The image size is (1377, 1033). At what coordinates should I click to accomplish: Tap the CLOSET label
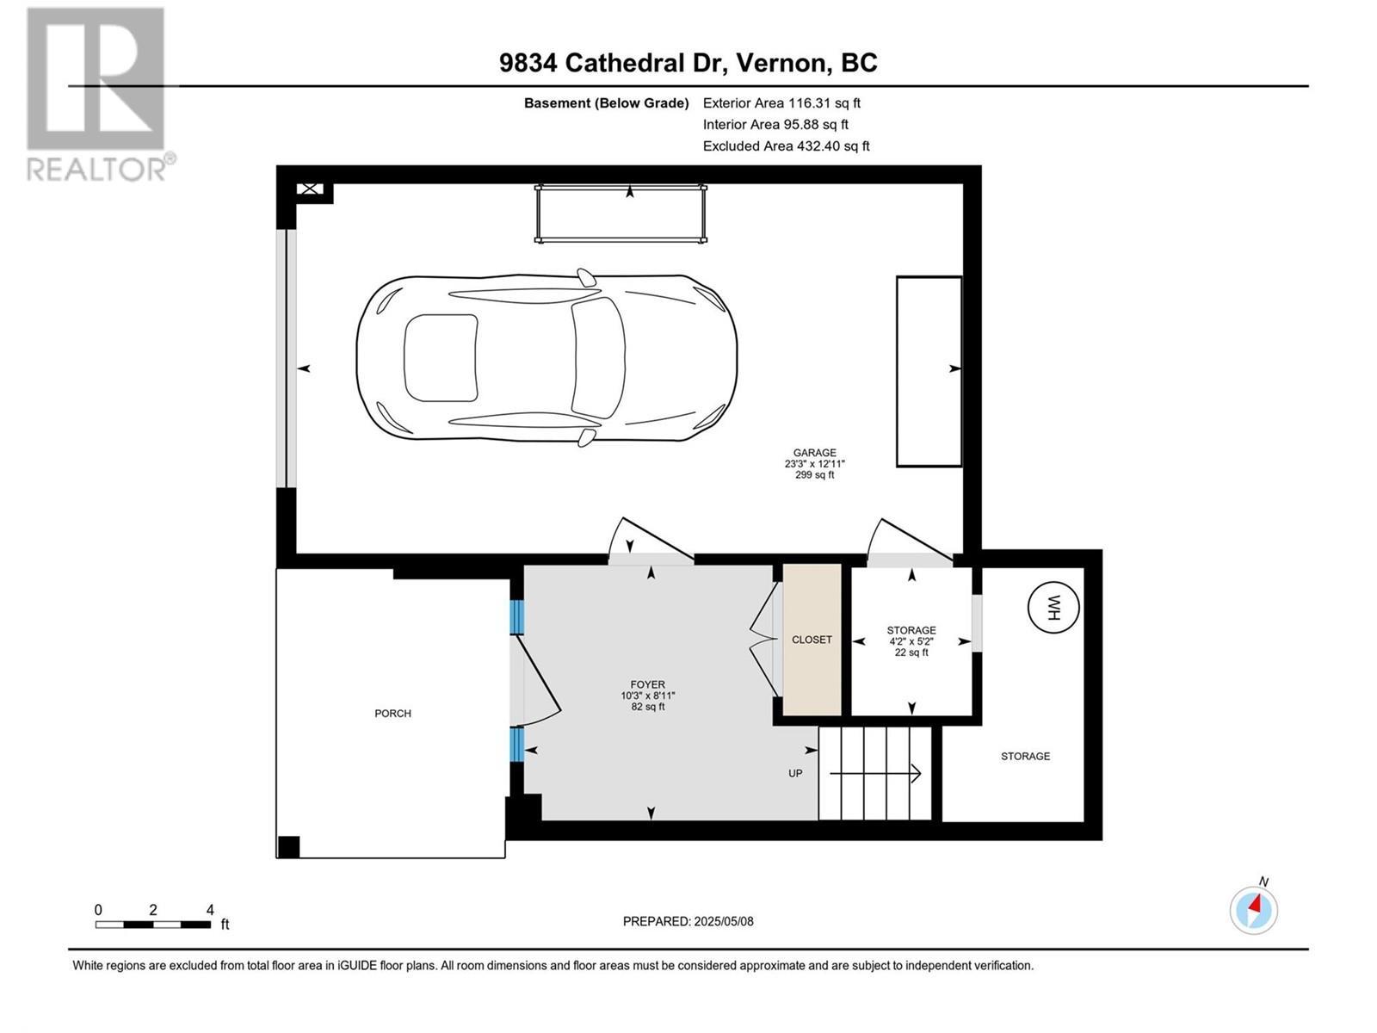812,640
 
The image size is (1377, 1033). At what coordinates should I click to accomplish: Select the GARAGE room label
814,453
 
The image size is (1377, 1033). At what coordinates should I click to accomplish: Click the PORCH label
392,714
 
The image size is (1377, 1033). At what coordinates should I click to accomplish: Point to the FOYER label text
648,685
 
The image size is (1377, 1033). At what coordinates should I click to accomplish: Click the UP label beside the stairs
795,773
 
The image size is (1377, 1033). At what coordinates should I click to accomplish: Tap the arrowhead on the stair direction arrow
917,773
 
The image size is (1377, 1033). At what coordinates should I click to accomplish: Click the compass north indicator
1254,909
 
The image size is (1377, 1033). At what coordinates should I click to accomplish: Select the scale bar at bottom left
153,925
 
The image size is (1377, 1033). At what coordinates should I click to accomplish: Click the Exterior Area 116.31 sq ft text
781,103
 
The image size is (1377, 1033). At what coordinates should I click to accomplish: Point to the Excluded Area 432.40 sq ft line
786,146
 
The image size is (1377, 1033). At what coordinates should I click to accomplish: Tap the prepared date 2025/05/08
688,921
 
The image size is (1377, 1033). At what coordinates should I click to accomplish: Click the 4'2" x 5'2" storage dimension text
911,641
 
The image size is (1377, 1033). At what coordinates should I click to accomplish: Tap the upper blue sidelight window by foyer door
516,616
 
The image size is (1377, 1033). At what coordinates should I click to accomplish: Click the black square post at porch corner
288,847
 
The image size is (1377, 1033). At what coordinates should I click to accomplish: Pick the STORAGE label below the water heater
1025,757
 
